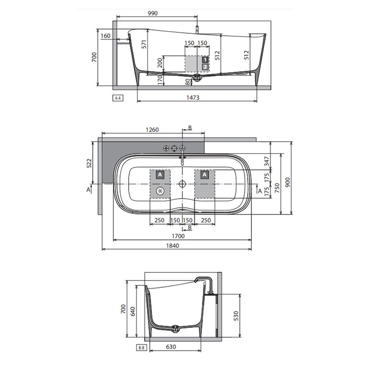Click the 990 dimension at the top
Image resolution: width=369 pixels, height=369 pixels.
tap(152, 13)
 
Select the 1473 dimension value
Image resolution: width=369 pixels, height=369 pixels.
tap(193, 98)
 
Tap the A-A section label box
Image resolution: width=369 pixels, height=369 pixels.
tap(118, 98)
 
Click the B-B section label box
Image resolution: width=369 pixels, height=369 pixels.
tap(141, 347)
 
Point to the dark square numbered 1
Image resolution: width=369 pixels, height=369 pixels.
tap(205, 59)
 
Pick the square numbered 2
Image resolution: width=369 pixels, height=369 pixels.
tap(205, 67)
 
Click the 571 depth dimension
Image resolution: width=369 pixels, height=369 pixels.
tap(144, 44)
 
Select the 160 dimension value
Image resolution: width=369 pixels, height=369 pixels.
tap(105, 36)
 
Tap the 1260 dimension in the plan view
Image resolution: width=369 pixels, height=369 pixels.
tap(152, 130)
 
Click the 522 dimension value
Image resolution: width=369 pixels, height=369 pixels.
tap(89, 163)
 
